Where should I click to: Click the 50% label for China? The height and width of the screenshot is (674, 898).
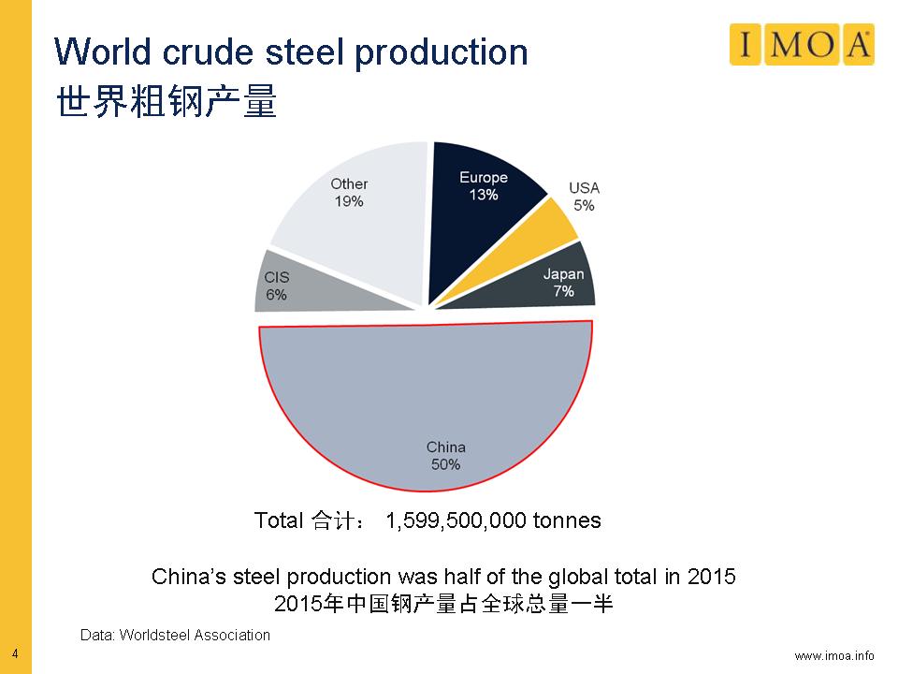[445, 463]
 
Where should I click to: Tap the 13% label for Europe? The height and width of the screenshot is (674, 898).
[484, 196]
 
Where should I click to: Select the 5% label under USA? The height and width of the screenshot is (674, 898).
[584, 205]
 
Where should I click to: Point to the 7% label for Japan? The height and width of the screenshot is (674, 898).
[563, 291]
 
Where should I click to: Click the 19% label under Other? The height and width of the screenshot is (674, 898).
[349, 201]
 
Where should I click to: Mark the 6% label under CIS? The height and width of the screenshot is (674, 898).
[276, 295]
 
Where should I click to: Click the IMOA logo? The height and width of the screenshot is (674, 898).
[802, 45]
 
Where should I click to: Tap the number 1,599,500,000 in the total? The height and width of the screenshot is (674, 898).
[456, 520]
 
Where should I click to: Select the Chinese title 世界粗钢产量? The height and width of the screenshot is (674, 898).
[167, 102]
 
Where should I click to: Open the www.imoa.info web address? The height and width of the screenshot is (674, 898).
[834, 654]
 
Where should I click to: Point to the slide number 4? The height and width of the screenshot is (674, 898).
[15, 652]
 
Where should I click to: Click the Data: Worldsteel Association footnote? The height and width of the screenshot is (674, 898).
[175, 636]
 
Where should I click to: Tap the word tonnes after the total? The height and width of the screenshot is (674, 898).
[567, 520]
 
